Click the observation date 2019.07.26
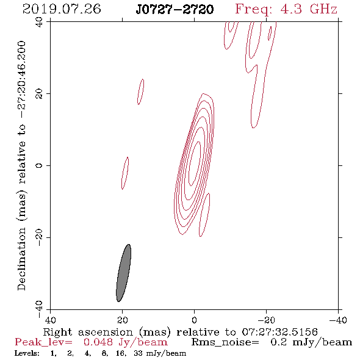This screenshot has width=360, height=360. pos(62,9)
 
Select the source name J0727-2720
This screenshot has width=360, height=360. pos(175,10)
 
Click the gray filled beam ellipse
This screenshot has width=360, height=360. pos(123,273)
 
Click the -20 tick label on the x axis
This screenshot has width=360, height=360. pos(267,320)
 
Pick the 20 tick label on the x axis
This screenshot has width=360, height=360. pos(123,320)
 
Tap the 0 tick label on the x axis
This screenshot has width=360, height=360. pos(194,320)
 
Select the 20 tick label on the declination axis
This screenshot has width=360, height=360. pos(39,93)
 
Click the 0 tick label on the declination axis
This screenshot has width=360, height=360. pos(39,165)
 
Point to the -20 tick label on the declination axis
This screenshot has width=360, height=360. pos(39,237)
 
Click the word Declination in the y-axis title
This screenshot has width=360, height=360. pos(21,259)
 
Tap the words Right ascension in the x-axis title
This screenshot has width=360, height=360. pos(88,332)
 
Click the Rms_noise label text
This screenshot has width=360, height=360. pos(225,342)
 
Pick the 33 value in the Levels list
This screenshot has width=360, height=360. pos(138,353)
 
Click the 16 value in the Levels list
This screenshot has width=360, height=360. pos(121,353)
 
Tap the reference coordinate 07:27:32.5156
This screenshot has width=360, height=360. pos(280,332)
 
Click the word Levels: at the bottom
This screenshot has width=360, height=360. pos(27,353)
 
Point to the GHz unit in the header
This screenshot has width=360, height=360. pos(323,9)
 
